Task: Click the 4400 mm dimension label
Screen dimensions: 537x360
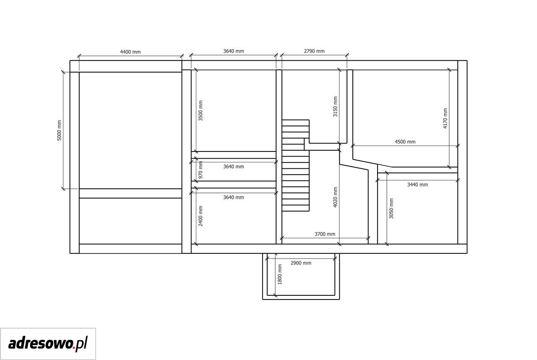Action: pos(130,52)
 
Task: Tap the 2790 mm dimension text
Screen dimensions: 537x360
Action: pos(314,51)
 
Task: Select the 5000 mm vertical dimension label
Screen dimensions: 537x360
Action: pos(59,130)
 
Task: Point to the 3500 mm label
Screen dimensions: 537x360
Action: pos(201,110)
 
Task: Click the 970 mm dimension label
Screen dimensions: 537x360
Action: pos(201,170)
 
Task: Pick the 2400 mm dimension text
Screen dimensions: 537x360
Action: pos(201,216)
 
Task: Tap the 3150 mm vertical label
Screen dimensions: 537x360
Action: pos(335,107)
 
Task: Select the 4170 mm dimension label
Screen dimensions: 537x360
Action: pos(445,118)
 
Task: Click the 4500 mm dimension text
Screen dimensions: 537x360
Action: pos(405,142)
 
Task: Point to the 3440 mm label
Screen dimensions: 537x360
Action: pos(417,185)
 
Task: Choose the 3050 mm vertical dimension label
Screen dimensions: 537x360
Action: pos(391,208)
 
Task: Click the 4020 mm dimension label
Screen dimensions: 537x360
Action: pos(335,197)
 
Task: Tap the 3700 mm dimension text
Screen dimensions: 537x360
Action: pos(325,234)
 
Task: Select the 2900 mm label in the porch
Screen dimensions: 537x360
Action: pos(301,263)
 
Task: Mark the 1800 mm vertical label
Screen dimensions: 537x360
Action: pos(280,274)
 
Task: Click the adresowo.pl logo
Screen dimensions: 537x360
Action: pos(48,344)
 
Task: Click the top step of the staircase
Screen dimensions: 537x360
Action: pos(295,123)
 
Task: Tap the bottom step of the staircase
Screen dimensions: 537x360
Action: pos(295,208)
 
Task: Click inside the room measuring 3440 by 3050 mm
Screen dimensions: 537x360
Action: pos(422,211)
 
